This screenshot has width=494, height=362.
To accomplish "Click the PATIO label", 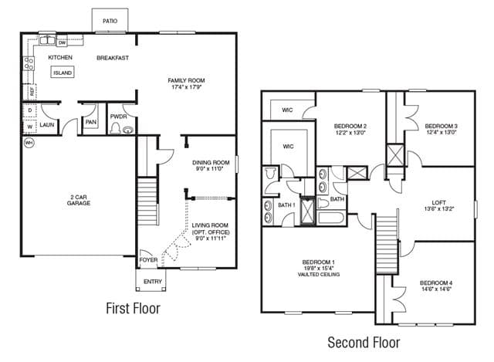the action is click(110, 21).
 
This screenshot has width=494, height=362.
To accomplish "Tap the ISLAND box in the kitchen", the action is click(63, 73).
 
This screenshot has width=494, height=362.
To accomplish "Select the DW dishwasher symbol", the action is click(62, 42).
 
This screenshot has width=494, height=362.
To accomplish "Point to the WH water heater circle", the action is click(29, 143).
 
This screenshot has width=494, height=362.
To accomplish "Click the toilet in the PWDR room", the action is click(115, 127).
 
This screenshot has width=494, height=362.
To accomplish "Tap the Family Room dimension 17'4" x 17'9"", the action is click(186, 87).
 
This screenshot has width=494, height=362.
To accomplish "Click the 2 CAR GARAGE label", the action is click(79, 200).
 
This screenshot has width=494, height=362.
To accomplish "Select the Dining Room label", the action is click(211, 163).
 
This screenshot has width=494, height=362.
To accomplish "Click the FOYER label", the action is click(148, 260).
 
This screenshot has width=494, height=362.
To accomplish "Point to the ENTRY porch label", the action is click(153, 282).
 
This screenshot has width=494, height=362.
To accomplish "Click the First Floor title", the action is click(133, 308).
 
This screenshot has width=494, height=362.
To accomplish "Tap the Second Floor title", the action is click(364, 343).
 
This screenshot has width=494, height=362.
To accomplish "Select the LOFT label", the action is click(438, 202).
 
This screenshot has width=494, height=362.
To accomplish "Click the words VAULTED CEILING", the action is click(319, 275).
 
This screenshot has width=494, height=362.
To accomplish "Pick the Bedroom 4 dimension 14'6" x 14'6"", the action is click(436, 289).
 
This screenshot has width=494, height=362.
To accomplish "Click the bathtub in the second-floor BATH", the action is click(331, 218).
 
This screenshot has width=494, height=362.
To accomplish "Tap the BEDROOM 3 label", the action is click(441, 126).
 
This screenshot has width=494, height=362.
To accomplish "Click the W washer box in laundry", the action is click(30, 127).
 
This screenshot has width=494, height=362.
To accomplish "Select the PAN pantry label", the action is click(91, 122).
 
